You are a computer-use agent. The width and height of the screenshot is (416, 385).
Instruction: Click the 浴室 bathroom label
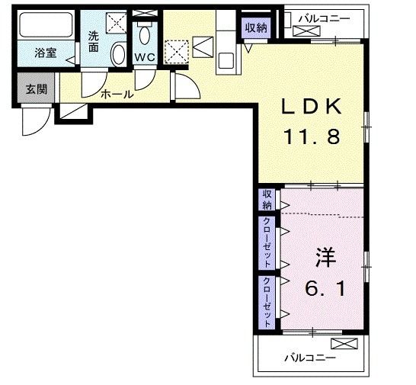(x=46, y=54)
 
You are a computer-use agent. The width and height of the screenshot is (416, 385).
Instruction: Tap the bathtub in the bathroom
(x=46, y=26)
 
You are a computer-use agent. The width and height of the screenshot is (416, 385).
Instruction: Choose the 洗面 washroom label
(x=93, y=41)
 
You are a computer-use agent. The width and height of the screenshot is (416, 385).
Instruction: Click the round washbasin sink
(x=118, y=54)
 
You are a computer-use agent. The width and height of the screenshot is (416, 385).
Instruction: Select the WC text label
(x=145, y=57)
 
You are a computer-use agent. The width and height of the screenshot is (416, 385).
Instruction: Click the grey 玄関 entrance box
(x=36, y=88)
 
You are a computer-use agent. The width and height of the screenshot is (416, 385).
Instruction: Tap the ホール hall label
(x=118, y=95)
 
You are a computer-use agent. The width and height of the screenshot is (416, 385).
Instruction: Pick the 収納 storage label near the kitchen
(x=256, y=27)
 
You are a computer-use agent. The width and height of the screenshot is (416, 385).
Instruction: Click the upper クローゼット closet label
(x=267, y=241)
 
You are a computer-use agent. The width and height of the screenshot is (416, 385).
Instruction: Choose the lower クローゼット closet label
(x=267, y=301)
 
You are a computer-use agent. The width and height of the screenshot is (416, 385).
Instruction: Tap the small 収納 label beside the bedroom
(x=267, y=200)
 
